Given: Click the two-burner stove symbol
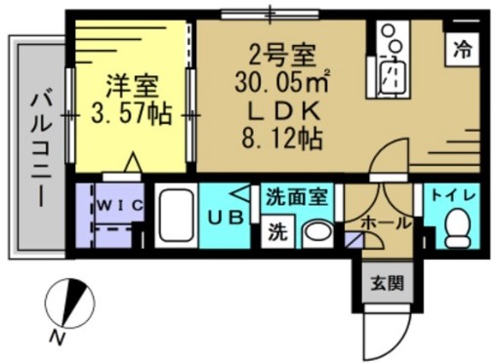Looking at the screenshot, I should (392, 40).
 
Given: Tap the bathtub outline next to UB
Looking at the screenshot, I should (176, 217).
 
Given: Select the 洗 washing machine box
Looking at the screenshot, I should (278, 233).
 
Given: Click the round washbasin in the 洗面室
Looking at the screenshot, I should (314, 232).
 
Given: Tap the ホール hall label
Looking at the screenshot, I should (386, 222).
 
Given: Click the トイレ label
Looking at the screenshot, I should (455, 195).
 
